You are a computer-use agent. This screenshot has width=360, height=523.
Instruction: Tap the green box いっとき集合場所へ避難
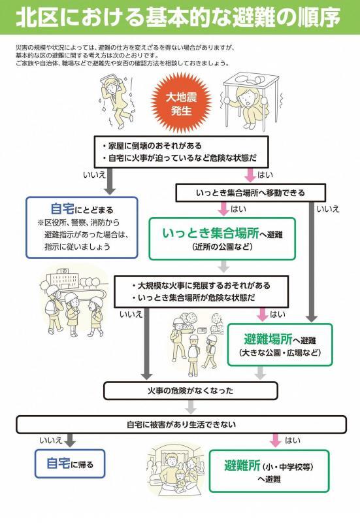click(x=221, y=237)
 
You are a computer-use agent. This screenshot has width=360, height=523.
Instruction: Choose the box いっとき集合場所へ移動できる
click(x=250, y=193)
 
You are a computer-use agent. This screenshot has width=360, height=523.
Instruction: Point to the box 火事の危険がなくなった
click(x=188, y=390)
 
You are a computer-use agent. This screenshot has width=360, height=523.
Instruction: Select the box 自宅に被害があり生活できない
click(x=181, y=424)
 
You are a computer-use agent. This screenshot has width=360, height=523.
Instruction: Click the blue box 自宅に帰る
click(x=70, y=465)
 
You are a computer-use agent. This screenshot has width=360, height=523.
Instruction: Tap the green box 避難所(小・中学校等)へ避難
click(x=269, y=470)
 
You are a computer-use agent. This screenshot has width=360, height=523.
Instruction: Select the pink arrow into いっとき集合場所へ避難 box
click(x=223, y=209)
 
